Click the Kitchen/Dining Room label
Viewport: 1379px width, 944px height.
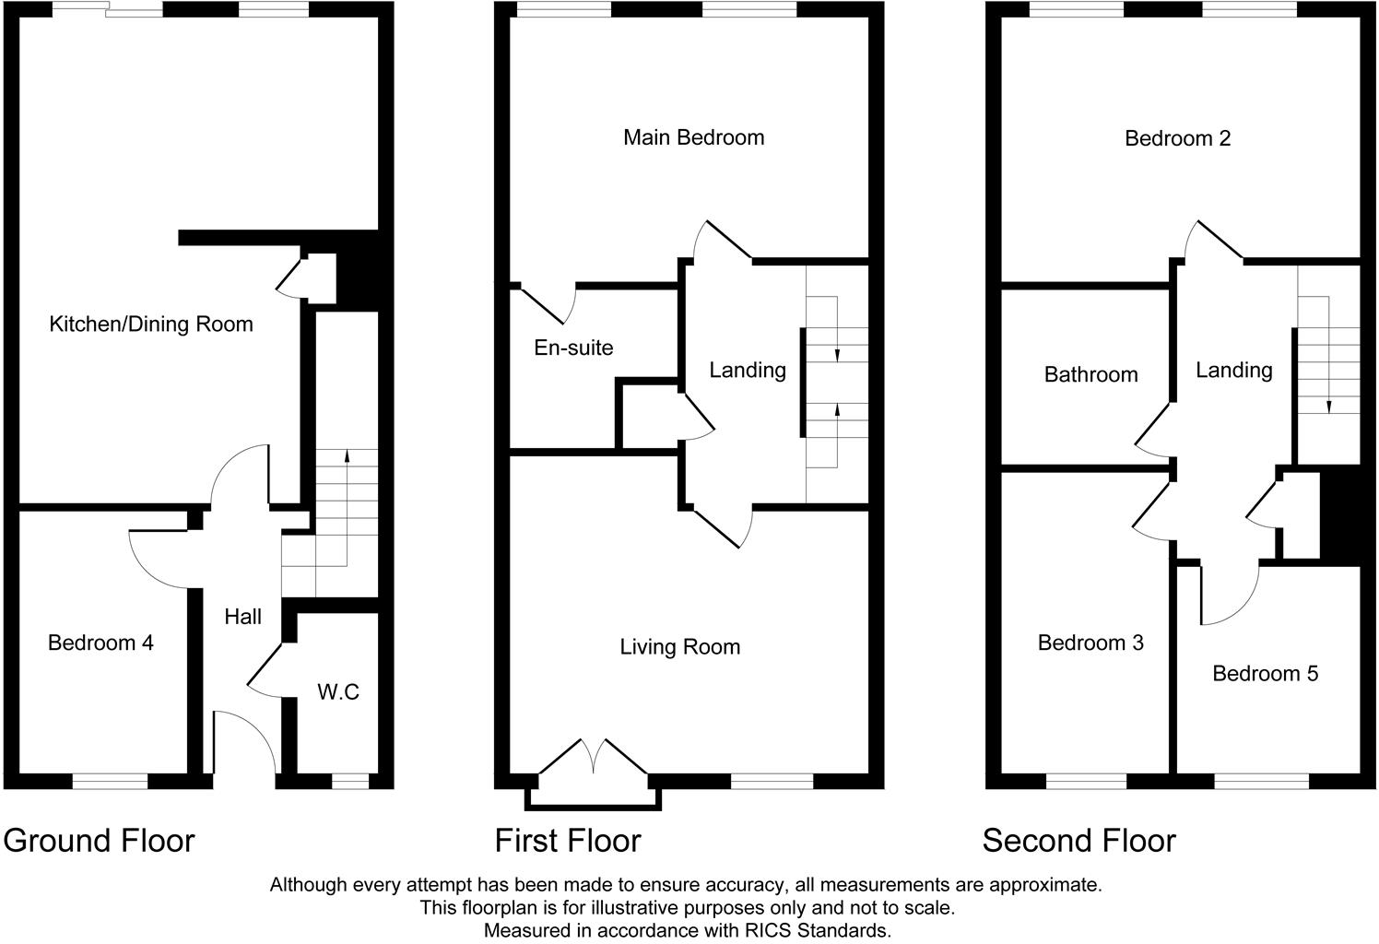pos(150,324)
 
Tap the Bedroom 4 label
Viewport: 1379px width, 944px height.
pos(100,643)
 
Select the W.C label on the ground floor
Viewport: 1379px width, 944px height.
pos(338,691)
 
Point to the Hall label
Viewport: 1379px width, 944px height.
pos(243,617)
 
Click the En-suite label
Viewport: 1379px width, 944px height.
pos(573,348)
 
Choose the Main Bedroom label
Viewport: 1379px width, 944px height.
pos(693,137)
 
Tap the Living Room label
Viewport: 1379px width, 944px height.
pos(679,647)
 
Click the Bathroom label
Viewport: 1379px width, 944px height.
pos(1090,374)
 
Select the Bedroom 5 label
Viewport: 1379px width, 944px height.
pos(1265,674)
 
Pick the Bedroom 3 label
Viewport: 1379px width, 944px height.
pos(1090,643)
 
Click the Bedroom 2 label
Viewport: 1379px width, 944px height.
pos(1177,138)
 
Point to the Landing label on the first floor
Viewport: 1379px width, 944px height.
pos(747,371)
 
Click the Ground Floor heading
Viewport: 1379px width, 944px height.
pos(100,841)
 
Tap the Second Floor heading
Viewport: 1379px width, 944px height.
pos(1078,841)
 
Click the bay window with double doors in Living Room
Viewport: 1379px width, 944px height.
pos(594,779)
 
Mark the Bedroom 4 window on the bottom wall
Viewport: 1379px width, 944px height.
pos(110,782)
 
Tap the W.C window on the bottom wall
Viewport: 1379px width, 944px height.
pos(349,782)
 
